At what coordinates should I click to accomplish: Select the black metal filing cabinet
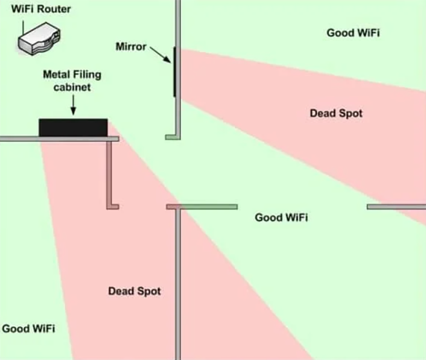73,128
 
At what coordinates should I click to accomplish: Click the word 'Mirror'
131,47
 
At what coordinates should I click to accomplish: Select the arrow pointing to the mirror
160,54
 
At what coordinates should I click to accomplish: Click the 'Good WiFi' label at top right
353,33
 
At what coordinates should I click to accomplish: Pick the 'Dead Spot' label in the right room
336,114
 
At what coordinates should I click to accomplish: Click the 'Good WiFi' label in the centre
281,218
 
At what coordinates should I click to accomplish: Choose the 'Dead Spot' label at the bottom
134,291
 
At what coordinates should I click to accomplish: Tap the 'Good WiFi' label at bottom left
28,328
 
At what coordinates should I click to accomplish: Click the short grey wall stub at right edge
396,207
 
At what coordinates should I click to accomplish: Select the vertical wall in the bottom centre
178,284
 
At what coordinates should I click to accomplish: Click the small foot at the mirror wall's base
171,137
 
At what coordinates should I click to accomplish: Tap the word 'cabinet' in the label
72,88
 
